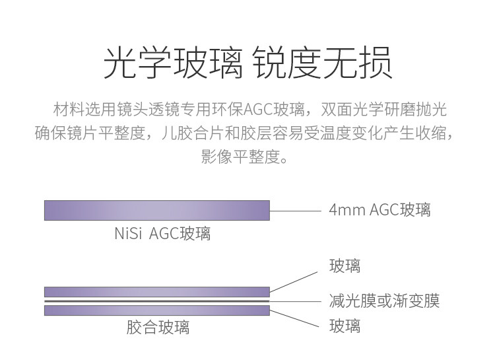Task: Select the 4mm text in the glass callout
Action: [344, 210]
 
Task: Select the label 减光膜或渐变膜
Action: [383, 301]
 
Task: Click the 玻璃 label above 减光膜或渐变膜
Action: [345, 266]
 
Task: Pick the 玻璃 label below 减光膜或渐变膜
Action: [345, 325]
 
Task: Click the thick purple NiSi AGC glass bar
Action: [157, 210]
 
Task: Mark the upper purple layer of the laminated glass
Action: [157, 292]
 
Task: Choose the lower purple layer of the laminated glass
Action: [157, 310]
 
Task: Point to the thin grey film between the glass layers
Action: [157, 301]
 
